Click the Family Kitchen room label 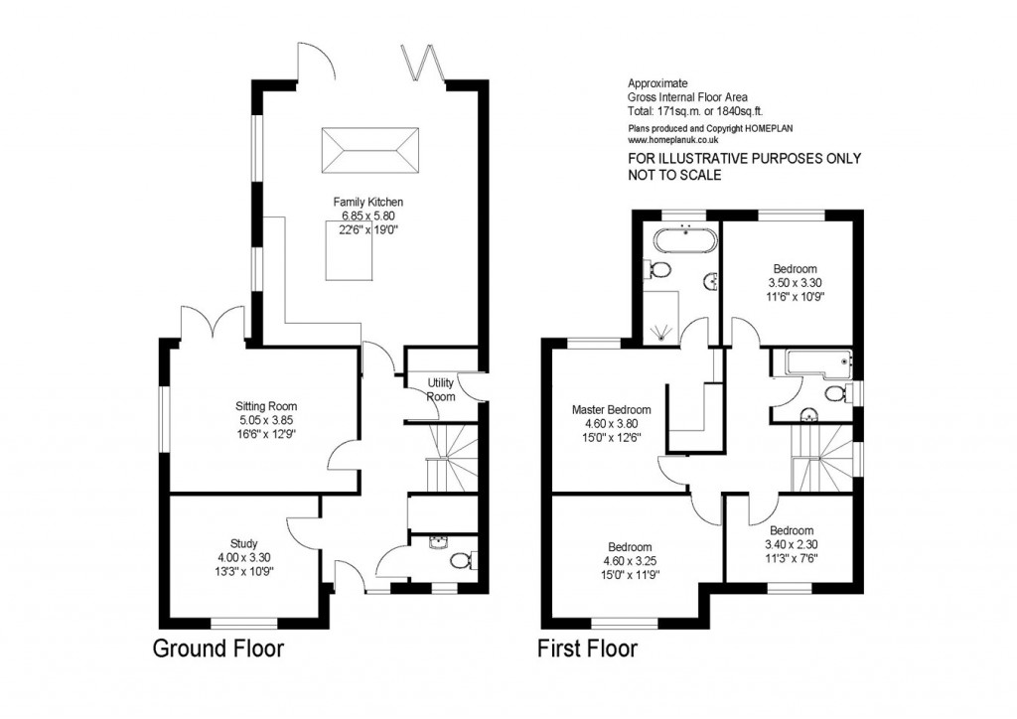coord(367,202)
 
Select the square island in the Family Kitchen coord(349,251)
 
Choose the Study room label coord(244,543)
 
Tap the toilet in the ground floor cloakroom coord(460,562)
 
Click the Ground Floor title coord(218,649)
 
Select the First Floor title coord(587,649)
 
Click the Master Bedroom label coord(611,409)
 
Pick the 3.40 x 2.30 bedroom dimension coord(791,544)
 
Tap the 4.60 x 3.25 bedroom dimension coord(630,561)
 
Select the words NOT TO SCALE coord(674,175)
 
